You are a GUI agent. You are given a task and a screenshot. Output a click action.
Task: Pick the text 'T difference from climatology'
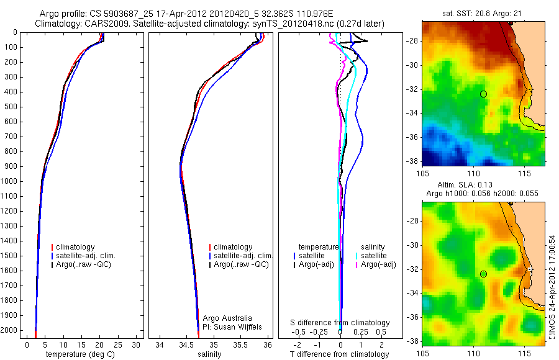click(339, 354)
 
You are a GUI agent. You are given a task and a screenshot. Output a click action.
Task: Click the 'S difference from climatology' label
click(340, 323)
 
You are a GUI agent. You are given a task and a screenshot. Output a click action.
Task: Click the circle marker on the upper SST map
click(484, 94)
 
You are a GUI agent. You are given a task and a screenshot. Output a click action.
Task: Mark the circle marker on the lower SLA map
click(484, 274)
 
